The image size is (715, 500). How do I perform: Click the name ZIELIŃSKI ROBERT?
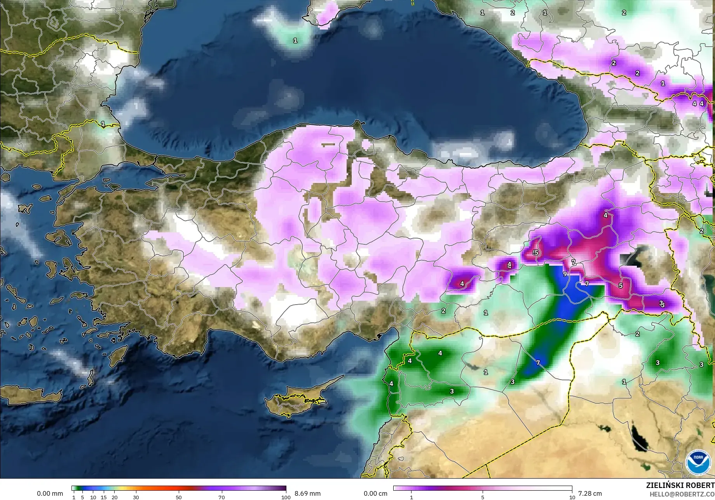pyautogui.click(x=680, y=485)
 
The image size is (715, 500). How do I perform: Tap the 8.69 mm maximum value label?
pyautogui.click(x=307, y=493)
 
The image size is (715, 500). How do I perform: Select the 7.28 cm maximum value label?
pyautogui.click(x=590, y=493)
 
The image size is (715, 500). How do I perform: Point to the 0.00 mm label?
pyautogui.click(x=50, y=493)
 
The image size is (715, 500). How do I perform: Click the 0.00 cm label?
pyautogui.click(x=375, y=493)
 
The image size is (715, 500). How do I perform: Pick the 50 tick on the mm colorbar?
pyautogui.click(x=179, y=497)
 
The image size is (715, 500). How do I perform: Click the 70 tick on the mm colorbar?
pyautogui.click(x=221, y=497)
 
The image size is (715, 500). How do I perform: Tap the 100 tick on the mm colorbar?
pyautogui.click(x=286, y=497)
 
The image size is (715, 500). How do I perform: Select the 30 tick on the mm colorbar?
pyautogui.click(x=136, y=497)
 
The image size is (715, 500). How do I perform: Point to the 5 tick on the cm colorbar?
pyautogui.click(x=483, y=497)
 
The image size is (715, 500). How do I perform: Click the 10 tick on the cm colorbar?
pyautogui.click(x=572, y=497)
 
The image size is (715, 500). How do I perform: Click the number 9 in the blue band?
pyautogui.click(x=565, y=274)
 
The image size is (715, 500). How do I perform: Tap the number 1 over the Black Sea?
pyautogui.click(x=295, y=40)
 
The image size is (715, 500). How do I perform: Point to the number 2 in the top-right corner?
pyautogui.click(x=624, y=12)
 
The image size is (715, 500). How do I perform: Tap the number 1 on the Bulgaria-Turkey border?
pyautogui.click(x=103, y=124)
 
